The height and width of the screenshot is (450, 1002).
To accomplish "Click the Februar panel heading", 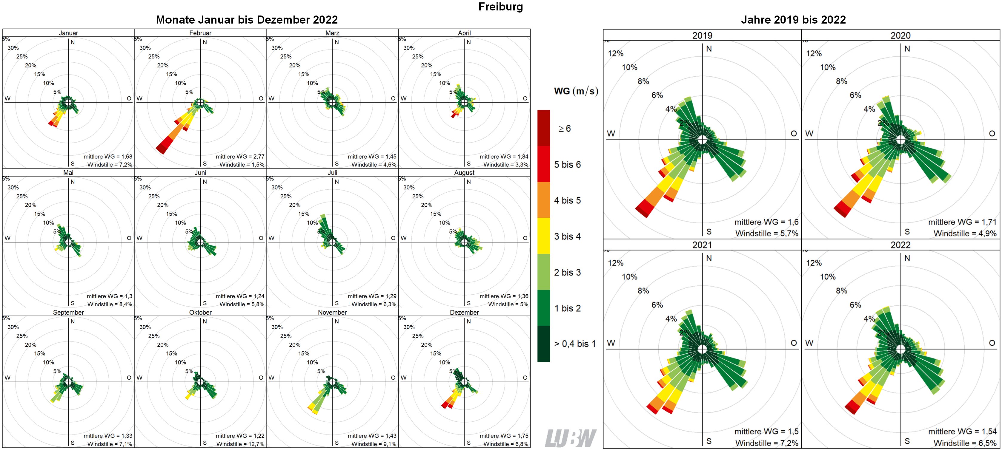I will (x=200, y=33).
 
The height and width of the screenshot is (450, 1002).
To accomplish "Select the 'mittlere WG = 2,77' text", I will (x=240, y=156).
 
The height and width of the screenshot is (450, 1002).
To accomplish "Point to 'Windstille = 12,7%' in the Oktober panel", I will (x=240, y=444).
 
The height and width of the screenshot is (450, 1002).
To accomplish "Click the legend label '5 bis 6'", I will (x=567, y=164).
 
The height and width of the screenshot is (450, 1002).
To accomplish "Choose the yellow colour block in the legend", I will (x=543, y=236).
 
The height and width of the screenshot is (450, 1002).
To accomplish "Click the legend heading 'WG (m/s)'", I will (x=576, y=91).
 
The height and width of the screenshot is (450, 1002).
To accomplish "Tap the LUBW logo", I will (x=570, y=438).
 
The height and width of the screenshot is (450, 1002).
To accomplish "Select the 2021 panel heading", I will (x=702, y=245).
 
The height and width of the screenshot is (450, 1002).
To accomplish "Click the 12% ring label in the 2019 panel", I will (x=615, y=54).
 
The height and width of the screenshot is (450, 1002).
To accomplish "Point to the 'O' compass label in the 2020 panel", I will (x=992, y=133).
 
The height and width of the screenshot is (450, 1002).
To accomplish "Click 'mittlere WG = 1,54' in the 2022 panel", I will (x=962, y=431).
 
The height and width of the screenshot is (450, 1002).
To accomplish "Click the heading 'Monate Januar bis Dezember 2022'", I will (x=247, y=20).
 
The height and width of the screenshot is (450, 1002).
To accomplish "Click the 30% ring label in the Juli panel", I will (x=277, y=187).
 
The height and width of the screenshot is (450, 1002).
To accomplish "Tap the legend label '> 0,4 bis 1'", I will (x=574, y=344).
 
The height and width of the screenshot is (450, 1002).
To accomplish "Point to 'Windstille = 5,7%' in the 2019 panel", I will (x=766, y=233).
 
